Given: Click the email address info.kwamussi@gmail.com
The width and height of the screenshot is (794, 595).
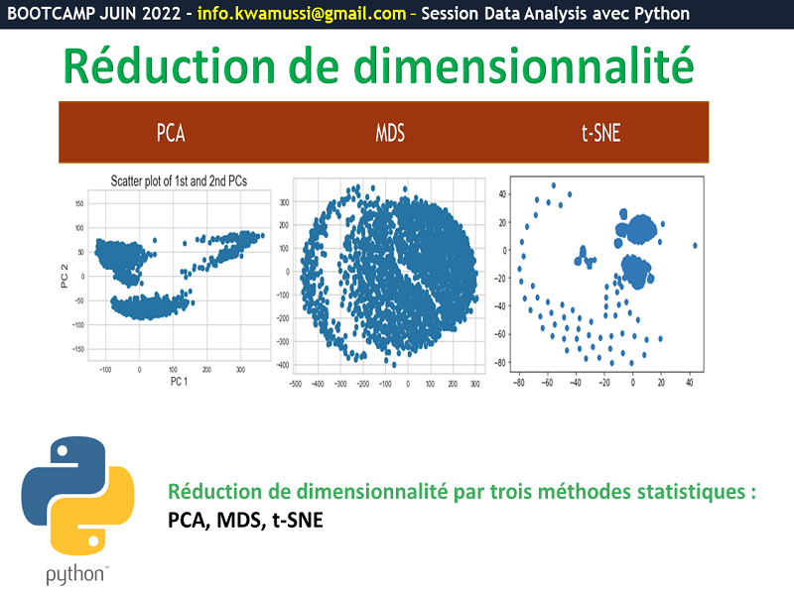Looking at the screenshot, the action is coord(302,14).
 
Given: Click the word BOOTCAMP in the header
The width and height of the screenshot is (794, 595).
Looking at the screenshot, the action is coord(51,13).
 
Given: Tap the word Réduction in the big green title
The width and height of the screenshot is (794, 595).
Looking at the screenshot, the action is coord(169,65).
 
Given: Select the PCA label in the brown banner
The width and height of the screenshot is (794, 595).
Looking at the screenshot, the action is coord(171,133).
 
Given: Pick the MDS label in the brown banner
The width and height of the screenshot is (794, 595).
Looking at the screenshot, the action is coord(389,133).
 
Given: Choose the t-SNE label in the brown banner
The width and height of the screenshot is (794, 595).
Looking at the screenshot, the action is coord(600,133).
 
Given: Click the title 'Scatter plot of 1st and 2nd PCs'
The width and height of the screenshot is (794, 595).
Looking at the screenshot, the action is coord(179,181).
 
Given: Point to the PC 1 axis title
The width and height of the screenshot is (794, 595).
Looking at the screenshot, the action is coord(179,382).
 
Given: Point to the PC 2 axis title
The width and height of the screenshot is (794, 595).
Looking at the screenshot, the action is coord(65,277).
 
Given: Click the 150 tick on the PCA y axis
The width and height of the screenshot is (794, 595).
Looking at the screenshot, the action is coord(79,204).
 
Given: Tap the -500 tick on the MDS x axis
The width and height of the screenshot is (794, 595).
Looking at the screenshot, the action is coord(295,384).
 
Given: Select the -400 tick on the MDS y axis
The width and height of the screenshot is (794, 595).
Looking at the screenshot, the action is coord(283,365).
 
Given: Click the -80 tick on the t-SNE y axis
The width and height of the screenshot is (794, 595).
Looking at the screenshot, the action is coord(500,363).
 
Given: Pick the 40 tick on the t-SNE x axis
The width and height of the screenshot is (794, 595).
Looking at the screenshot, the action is coord(689,383).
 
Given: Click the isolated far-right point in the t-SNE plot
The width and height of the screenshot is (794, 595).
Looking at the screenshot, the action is coord(695,245).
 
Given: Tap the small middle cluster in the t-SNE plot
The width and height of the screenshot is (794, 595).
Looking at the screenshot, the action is coord(585,258).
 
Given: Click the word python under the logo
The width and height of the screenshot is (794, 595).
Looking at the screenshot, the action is coord(75,575).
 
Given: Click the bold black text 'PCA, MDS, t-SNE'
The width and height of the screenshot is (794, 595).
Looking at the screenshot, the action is coord(245,520).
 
